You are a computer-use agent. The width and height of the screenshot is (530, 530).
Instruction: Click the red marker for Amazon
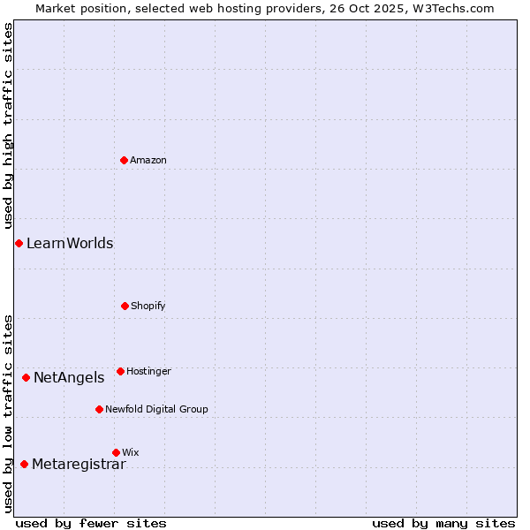tap(124, 160)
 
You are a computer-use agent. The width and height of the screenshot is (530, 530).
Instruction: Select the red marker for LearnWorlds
tap(19, 243)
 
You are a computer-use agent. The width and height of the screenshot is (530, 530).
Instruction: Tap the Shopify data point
tap(125, 306)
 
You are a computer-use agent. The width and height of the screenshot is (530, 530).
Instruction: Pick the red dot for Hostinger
tap(120, 371)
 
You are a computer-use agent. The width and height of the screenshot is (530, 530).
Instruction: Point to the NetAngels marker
tap(26, 377)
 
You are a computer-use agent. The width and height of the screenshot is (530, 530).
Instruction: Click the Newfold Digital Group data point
tap(99, 409)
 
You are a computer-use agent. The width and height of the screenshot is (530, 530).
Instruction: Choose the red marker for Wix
tap(116, 452)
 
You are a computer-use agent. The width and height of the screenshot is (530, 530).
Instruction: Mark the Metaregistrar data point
tap(24, 464)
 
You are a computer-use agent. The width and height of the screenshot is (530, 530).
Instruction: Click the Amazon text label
tap(148, 160)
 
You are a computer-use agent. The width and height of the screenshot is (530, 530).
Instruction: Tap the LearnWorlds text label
tap(70, 243)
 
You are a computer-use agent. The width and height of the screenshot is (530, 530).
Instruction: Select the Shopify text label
tap(148, 306)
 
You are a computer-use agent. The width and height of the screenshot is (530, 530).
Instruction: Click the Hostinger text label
tap(148, 371)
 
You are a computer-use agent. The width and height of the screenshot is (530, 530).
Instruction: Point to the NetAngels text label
tap(69, 377)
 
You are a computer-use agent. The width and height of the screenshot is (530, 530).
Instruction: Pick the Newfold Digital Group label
tap(156, 409)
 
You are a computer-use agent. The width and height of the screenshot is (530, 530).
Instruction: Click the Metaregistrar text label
tap(79, 464)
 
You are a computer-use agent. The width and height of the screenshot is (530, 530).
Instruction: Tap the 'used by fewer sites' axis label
tap(91, 523)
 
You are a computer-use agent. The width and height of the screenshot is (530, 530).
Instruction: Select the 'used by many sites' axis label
tap(443, 523)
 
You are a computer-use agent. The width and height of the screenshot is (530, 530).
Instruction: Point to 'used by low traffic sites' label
tap(8, 413)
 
